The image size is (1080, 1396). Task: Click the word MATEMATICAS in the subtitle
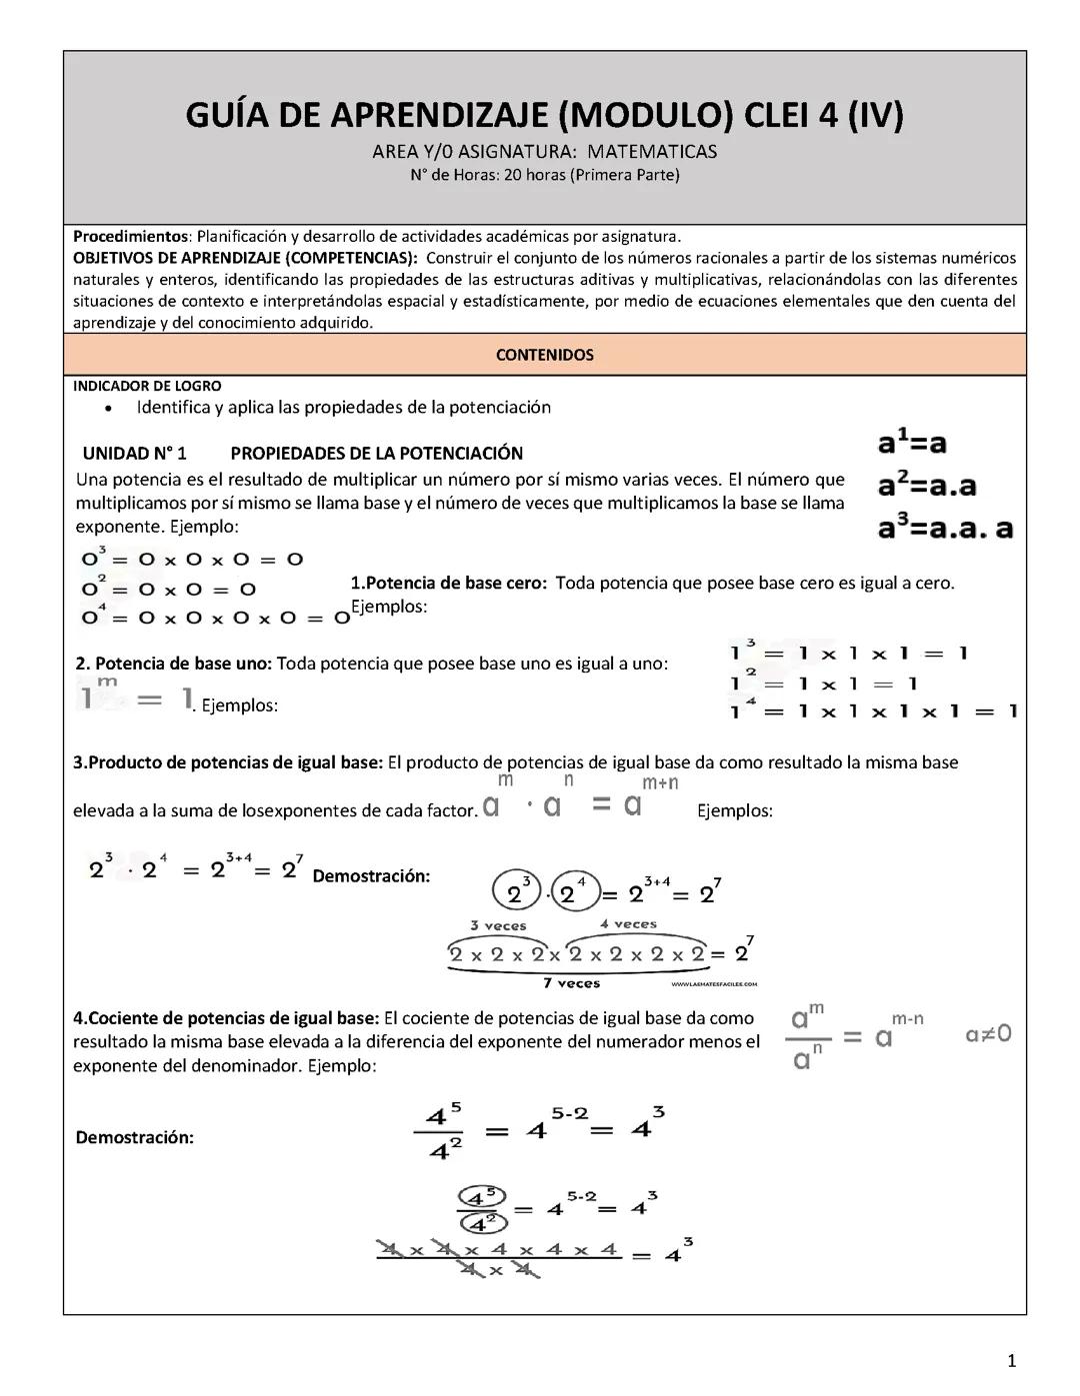coord(652,152)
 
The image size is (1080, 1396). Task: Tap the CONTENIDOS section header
coord(544,355)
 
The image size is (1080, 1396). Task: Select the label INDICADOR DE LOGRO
coord(147,386)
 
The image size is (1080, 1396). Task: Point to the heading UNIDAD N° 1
coord(134,453)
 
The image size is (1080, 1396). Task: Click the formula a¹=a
coord(912,443)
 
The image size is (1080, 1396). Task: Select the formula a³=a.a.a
coord(945,529)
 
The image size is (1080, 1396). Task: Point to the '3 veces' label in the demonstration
coord(498,926)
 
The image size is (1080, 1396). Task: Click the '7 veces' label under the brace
coord(571,983)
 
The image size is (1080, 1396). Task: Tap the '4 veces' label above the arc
coord(628,924)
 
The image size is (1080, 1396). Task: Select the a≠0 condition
coord(988,1033)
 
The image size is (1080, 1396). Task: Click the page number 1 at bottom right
coord(1012,1360)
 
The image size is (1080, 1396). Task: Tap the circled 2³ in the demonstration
coord(516,890)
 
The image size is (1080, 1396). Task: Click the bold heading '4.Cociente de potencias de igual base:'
coord(226,1018)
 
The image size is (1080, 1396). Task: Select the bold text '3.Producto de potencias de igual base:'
coord(228,762)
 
